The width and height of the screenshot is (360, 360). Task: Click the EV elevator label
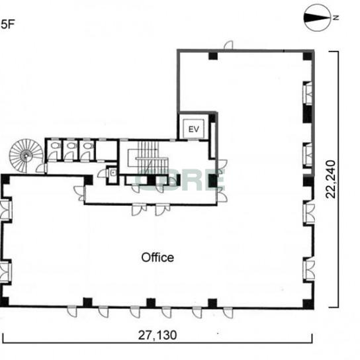click(x=193, y=129)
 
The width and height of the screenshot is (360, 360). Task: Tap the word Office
click(x=157, y=257)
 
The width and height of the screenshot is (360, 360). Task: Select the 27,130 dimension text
click(x=157, y=336)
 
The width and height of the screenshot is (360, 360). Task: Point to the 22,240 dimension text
click(x=331, y=179)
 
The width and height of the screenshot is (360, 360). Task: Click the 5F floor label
click(x=7, y=24)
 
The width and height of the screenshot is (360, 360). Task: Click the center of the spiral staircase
click(x=26, y=156)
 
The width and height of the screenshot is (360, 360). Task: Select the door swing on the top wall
click(x=228, y=45)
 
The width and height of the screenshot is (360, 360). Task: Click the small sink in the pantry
click(x=112, y=172)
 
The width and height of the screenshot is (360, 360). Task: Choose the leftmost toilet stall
click(x=54, y=150)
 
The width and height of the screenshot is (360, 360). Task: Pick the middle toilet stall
click(x=71, y=150)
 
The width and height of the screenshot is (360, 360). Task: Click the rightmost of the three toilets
click(x=87, y=150)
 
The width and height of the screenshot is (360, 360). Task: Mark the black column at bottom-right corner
click(x=308, y=304)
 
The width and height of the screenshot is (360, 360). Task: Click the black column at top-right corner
click(x=308, y=56)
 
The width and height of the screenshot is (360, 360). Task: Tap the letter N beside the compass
click(x=336, y=17)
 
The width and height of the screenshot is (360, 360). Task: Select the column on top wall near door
click(x=213, y=56)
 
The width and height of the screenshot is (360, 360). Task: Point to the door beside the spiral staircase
click(x=42, y=168)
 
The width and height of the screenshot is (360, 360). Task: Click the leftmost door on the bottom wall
click(x=72, y=312)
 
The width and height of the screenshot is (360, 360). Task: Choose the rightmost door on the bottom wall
click(x=228, y=312)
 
